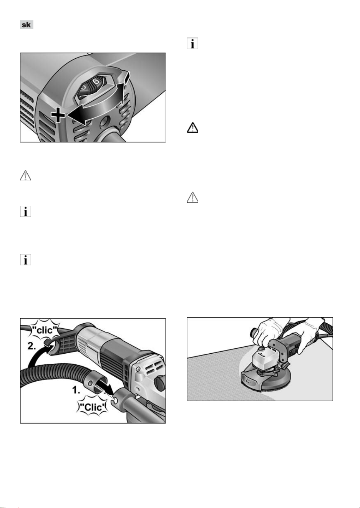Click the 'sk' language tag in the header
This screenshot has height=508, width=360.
click(27, 25)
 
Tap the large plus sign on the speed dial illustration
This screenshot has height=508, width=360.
click(58, 115)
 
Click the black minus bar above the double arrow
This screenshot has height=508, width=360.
click(127, 76)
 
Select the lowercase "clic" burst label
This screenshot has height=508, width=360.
click(45, 330)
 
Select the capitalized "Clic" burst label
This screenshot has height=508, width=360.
click(93, 407)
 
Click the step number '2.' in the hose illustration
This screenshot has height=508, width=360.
click(32, 346)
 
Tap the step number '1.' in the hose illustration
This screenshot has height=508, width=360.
click(76, 390)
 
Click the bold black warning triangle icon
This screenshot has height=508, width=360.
click(192, 128)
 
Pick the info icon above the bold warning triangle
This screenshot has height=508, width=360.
click(192, 43)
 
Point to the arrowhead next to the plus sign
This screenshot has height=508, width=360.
click(76, 116)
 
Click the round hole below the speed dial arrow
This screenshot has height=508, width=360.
click(105, 122)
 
